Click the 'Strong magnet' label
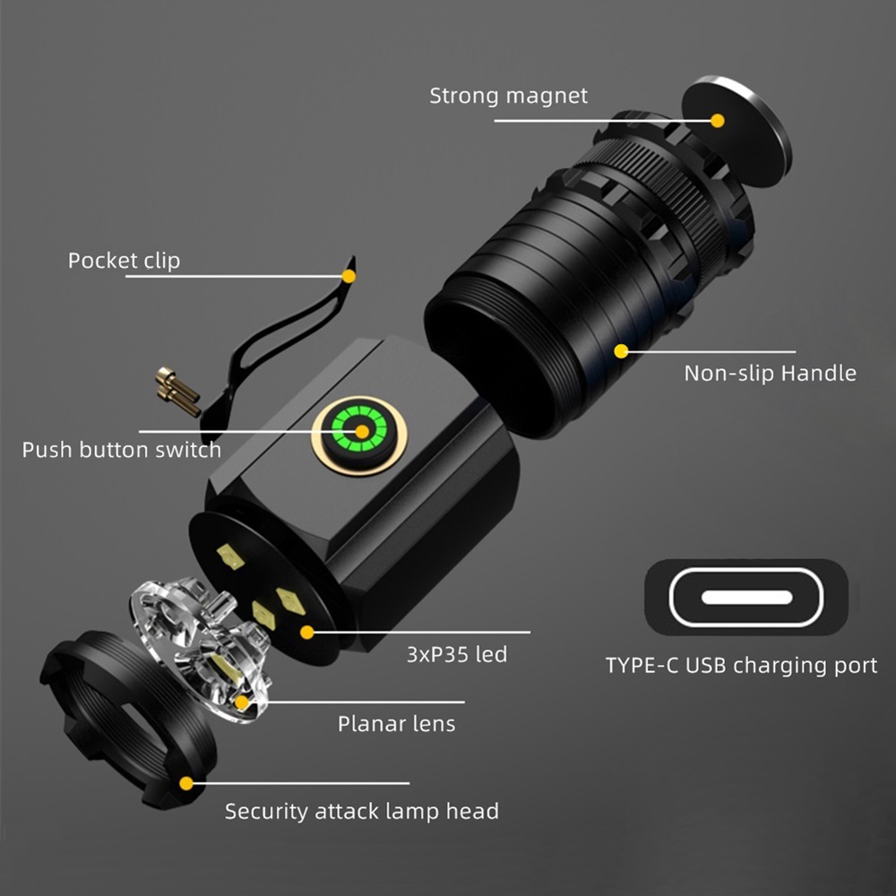click(508, 96)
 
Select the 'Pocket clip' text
click(124, 261)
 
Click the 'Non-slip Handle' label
click(770, 373)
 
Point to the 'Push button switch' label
click(122, 449)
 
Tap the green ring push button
click(360, 432)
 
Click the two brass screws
click(177, 391)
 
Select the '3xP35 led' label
click(457, 654)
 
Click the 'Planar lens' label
click(396, 723)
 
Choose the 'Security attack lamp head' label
click(361, 812)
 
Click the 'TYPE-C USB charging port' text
click(741, 666)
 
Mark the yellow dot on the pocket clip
click(349, 276)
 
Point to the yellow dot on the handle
click(620, 350)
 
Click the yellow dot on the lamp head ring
click(185, 783)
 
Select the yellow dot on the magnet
click(718, 119)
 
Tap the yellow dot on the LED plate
click(306, 632)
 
